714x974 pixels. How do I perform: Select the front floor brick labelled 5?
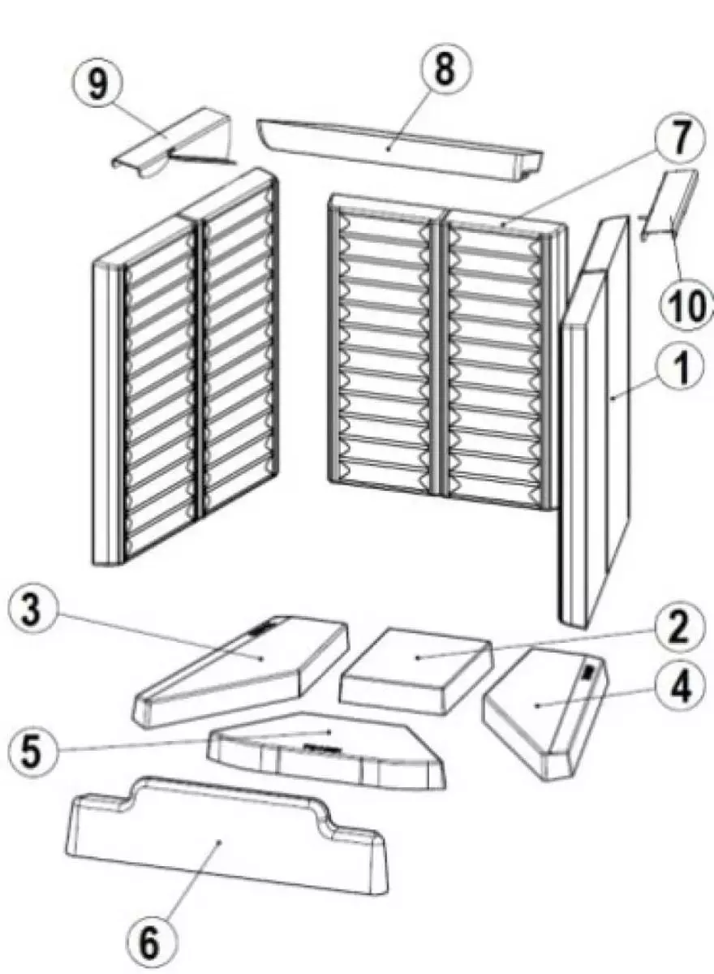325,751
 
